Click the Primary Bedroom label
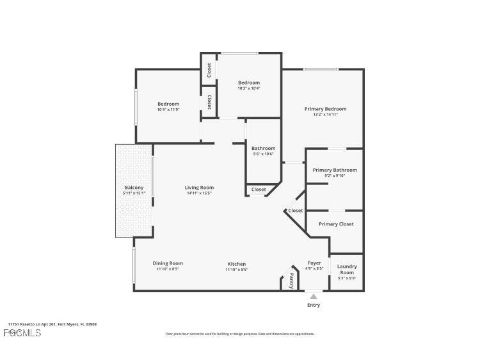[325, 109]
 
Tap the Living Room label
[199, 188]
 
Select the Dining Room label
[168, 263]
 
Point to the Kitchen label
[236, 264]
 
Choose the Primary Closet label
[336, 224]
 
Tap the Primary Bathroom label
[335, 170]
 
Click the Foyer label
[314, 263]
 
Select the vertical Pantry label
[291, 281]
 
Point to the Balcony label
[134, 188]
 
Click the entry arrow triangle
[313, 296]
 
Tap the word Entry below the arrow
[314, 305]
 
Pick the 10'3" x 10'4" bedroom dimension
[249, 88]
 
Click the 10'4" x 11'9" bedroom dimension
[168, 110]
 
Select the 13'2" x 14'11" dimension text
[325, 115]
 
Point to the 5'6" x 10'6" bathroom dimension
[263, 154]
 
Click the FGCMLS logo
[22, 333]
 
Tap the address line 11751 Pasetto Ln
[52, 324]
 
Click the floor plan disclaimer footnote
[240, 334]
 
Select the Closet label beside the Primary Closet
[295, 210]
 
